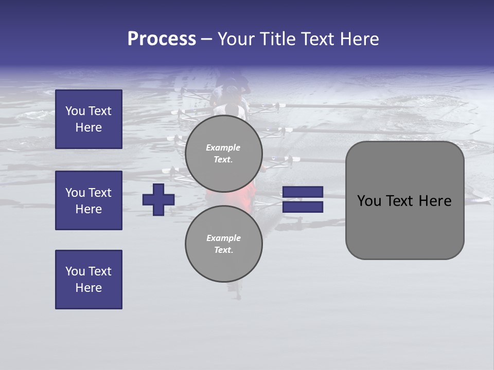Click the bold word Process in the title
(x=162, y=39)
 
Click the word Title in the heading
(x=276, y=39)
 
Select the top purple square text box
(x=89, y=119)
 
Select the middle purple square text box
(x=89, y=200)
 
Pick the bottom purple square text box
(x=89, y=280)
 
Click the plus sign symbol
(x=158, y=199)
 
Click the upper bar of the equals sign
(x=303, y=192)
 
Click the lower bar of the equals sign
(x=303, y=207)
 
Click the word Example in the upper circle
(x=223, y=147)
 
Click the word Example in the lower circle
(x=223, y=238)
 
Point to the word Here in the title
(x=359, y=39)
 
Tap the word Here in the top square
(x=89, y=127)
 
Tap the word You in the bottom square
(x=75, y=271)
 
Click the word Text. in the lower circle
(x=223, y=250)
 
